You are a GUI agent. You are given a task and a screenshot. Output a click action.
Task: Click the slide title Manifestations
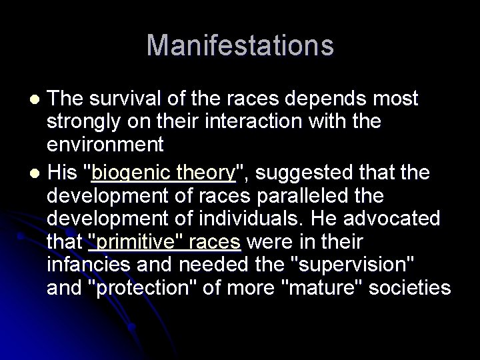tap(240, 45)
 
